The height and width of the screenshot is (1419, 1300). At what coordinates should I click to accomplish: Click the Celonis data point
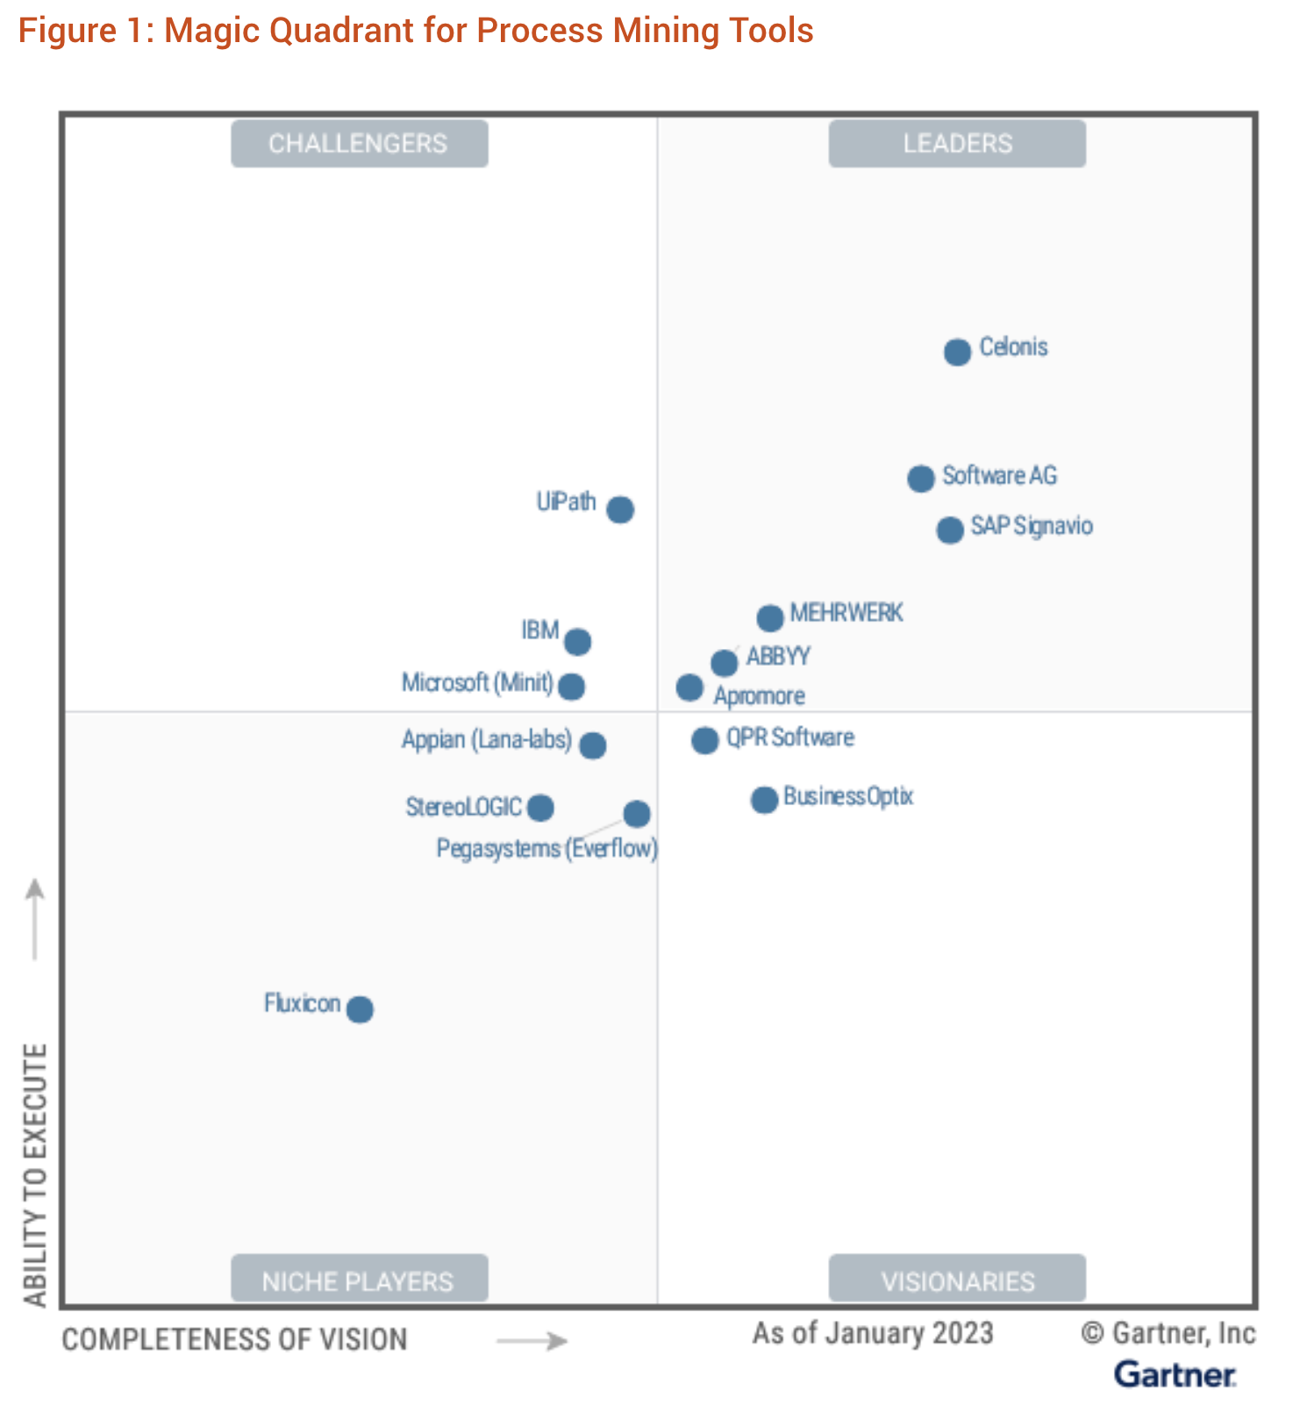click(957, 352)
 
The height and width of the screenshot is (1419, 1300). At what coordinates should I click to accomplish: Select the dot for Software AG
click(920, 479)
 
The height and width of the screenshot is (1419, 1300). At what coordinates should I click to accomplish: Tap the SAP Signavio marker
click(949, 530)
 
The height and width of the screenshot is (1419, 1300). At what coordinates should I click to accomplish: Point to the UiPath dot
click(620, 509)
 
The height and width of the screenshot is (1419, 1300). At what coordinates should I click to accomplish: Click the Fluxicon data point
click(360, 1009)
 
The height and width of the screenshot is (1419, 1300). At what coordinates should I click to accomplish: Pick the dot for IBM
click(577, 642)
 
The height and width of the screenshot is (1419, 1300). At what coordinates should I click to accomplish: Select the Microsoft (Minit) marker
click(571, 686)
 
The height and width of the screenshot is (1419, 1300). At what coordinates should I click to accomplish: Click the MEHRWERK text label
click(846, 612)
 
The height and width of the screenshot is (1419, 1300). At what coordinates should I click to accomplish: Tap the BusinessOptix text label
click(848, 796)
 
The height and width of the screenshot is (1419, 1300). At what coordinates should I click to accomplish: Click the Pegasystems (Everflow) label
click(546, 849)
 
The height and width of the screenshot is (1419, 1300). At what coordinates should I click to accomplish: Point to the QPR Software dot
click(704, 740)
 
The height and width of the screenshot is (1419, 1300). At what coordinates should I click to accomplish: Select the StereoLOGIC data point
click(540, 807)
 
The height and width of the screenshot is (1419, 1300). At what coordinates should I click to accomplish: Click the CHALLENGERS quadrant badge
click(359, 144)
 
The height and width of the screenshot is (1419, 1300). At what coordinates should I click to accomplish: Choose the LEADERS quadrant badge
click(957, 144)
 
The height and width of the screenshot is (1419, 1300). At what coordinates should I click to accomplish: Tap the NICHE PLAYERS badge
click(359, 1280)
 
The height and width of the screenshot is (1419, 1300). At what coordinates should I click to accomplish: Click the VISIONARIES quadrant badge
click(957, 1280)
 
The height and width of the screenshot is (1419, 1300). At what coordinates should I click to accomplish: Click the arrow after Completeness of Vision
click(532, 1341)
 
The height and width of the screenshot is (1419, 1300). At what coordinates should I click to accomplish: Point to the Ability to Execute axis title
click(34, 1174)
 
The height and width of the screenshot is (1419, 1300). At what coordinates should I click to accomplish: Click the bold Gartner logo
click(1175, 1374)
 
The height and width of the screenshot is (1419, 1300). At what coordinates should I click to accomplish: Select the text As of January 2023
click(873, 1333)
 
